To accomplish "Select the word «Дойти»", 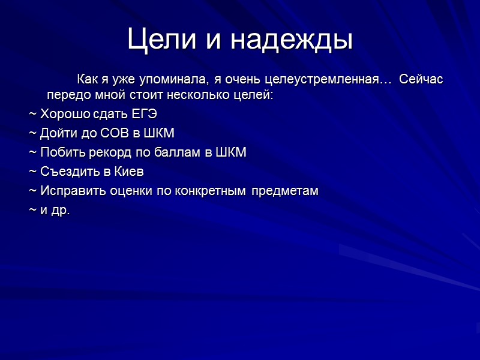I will (57, 133).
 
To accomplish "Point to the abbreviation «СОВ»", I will (110, 133).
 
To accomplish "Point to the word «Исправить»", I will (68, 191).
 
